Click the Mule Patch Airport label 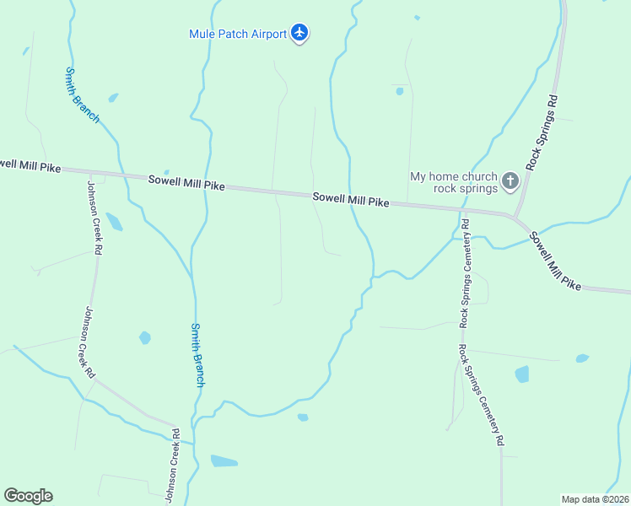[238, 34]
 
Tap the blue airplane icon [299, 34]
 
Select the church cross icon [510, 180]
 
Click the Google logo [28, 496]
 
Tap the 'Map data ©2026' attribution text [595, 499]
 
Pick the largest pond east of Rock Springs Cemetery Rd [522, 374]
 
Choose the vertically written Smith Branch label [197, 355]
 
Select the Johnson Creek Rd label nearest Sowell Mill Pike [94, 218]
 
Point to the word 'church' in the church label [480, 176]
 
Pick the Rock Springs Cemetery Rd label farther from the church [481, 394]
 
